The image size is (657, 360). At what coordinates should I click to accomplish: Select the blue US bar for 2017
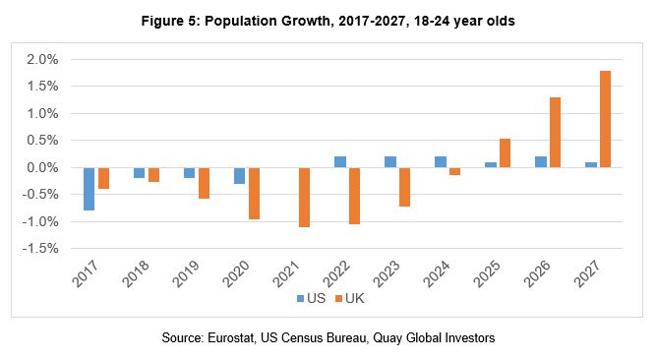pos(90,189)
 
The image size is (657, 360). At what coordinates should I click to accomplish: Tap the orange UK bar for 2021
pos(304,198)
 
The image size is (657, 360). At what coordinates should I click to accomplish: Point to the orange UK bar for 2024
pos(453,171)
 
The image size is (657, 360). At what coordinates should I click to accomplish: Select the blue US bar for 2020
pos(239,176)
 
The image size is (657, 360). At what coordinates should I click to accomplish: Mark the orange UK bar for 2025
pos(505,153)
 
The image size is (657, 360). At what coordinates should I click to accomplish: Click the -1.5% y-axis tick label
pos(41,249)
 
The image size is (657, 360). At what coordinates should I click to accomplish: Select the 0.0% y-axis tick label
pos(43,168)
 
